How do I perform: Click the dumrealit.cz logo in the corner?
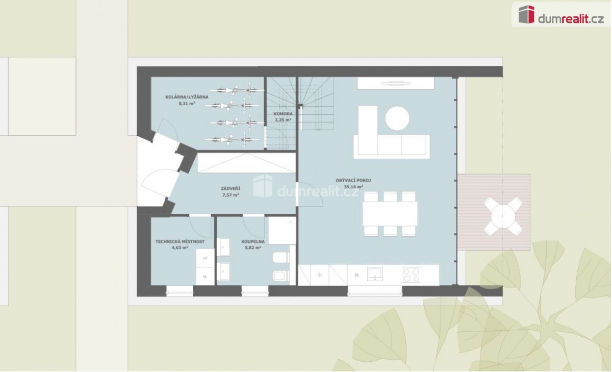pyautogui.click(x=561, y=14)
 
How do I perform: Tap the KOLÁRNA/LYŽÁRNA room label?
pyautogui.click(x=187, y=97)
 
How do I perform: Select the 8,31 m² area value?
pyautogui.click(x=187, y=104)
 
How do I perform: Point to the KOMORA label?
pyautogui.click(x=283, y=114)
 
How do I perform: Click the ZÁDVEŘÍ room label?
pyautogui.click(x=231, y=188)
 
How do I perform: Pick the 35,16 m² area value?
pyautogui.click(x=353, y=187)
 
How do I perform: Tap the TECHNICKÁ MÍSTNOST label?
pyautogui.click(x=180, y=242)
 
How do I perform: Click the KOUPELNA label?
pyautogui.click(x=253, y=242)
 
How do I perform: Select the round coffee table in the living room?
pyautogui.click(x=397, y=118)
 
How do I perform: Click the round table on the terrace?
pyautogui.click(x=503, y=216)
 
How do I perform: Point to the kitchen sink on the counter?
pyautogui.click(x=375, y=274)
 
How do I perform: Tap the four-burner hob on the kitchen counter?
pyautogui.click(x=412, y=275)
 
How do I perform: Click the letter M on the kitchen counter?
pyautogui.click(x=356, y=276)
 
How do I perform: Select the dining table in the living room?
pyautogui.click(x=390, y=214)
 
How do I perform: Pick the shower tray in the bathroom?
pyautogui.click(x=282, y=231)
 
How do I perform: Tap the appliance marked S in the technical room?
pyautogui.click(x=205, y=258)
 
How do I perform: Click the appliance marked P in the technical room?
pyautogui.click(x=205, y=277)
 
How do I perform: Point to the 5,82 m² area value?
pyautogui.click(x=253, y=248)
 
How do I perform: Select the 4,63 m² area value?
pyautogui.click(x=180, y=248)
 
